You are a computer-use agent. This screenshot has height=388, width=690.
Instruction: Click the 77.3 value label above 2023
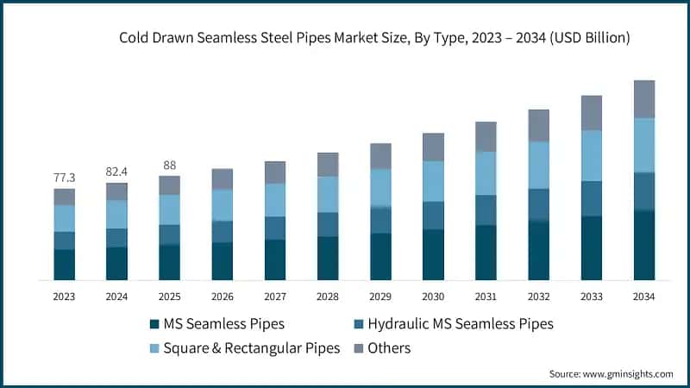click(x=64, y=178)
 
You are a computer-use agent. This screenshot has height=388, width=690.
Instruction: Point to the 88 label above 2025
click(x=169, y=166)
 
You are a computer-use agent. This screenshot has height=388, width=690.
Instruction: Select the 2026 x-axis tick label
click(x=222, y=297)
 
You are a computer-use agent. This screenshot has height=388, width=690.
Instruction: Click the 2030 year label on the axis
click(x=433, y=297)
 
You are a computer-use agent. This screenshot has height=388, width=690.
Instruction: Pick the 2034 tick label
click(x=643, y=297)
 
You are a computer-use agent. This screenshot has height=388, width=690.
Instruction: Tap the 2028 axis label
click(x=328, y=297)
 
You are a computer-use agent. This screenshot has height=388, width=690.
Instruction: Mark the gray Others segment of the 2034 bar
click(x=644, y=99)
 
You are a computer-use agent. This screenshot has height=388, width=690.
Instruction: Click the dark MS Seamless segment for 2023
click(x=65, y=265)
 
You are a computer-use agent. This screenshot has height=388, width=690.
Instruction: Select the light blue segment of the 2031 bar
click(x=486, y=173)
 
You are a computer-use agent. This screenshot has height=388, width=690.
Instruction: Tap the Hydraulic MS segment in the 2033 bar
click(x=592, y=198)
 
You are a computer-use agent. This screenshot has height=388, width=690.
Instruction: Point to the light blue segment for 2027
click(x=275, y=200)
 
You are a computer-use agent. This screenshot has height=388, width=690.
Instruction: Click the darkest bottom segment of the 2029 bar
click(x=380, y=256)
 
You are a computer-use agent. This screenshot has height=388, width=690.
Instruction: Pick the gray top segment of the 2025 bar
click(x=170, y=185)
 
